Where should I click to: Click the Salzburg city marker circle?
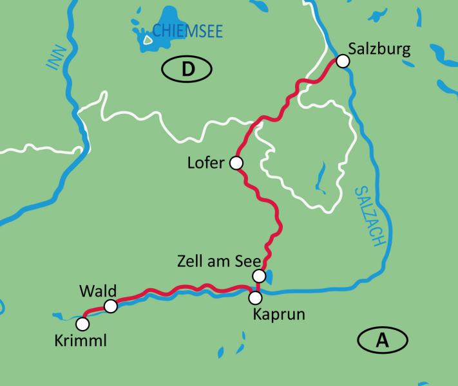pyautogui.click(x=343, y=60)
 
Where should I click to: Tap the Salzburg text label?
pyautogui.click(x=378, y=49)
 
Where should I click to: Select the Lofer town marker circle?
pyautogui.click(x=236, y=163)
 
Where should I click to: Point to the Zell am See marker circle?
pyautogui.click(x=258, y=276)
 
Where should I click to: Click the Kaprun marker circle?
pyautogui.click(x=256, y=297)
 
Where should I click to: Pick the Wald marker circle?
pyautogui.click(x=111, y=306)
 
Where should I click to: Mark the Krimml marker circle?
pyautogui.click(x=82, y=323)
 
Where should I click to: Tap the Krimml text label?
pyautogui.click(x=81, y=339)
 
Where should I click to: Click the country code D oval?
pyautogui.click(x=187, y=69)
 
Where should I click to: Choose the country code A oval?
pyautogui.click(x=383, y=340)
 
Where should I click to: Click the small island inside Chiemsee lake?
pyautogui.click(x=148, y=39)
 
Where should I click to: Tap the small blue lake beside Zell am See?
pyautogui.click(x=269, y=276)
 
